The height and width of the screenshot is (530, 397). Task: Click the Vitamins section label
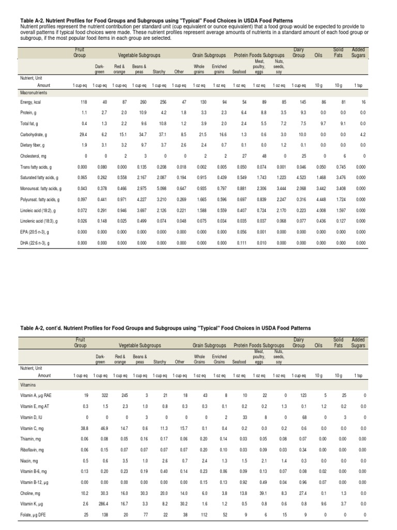point(27,386)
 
